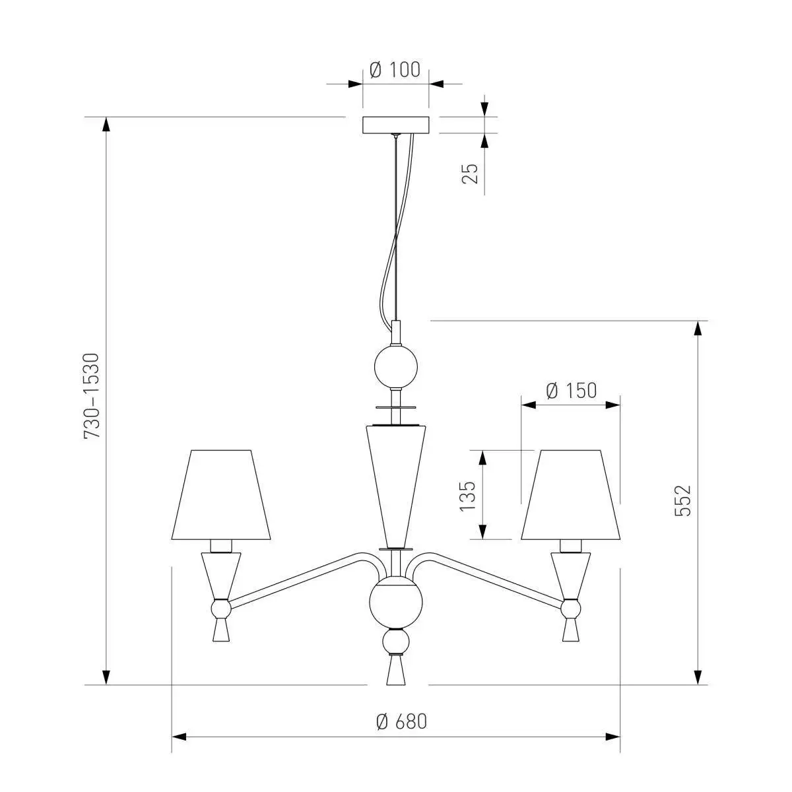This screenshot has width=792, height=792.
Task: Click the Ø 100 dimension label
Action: pos(395,70)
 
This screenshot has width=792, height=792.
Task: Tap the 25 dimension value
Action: pos(470,174)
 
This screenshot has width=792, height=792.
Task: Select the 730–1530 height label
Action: pos(92,396)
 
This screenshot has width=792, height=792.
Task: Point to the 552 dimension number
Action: pos(682,500)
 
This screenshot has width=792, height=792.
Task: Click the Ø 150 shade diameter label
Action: pos(572,391)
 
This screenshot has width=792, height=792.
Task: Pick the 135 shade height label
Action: pos(467,496)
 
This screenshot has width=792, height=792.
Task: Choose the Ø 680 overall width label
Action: pos(401,722)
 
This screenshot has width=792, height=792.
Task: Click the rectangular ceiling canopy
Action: pos(395,125)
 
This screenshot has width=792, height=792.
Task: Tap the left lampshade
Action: pos(221,494)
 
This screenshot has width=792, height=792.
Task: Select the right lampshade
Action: pos(570,494)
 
